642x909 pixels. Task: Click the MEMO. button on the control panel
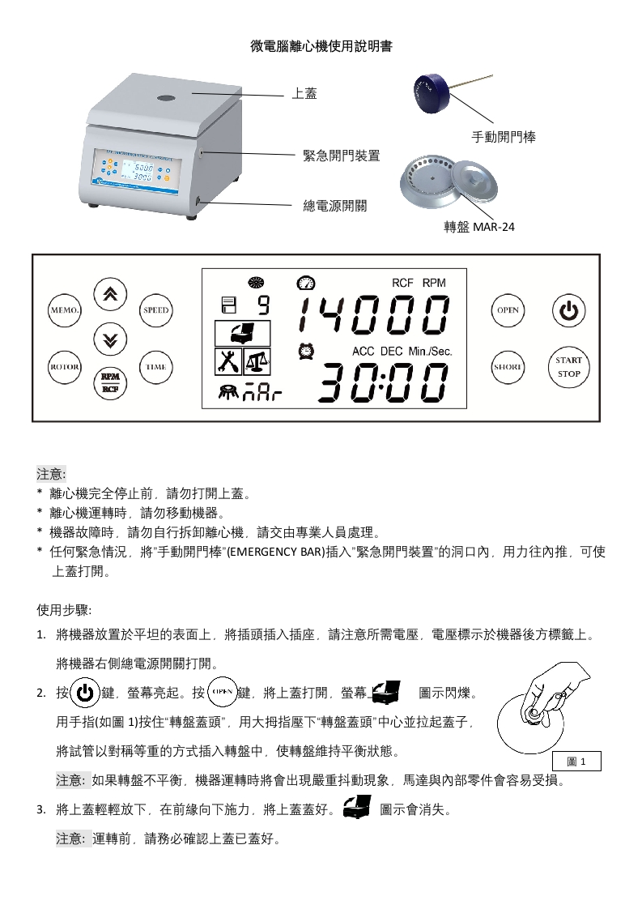click(64, 310)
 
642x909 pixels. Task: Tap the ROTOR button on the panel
click(64, 368)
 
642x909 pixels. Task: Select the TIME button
click(156, 368)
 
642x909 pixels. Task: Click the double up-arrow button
click(110, 295)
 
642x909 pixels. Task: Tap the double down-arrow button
click(110, 339)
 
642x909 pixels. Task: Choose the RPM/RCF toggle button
click(110, 383)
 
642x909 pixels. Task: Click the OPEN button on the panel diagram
click(508, 310)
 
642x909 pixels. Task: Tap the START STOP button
click(568, 368)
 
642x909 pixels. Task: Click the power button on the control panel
click(568, 311)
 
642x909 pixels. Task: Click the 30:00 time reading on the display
click(383, 383)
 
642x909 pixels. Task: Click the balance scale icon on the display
click(257, 361)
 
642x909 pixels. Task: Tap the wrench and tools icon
click(228, 361)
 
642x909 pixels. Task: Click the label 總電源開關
click(335, 206)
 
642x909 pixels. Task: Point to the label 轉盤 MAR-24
click(479, 227)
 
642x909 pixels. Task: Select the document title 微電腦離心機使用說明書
click(321, 46)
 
